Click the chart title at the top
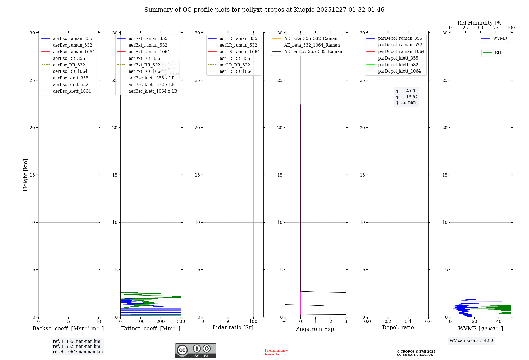point(264,10)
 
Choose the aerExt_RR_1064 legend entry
point(145,71)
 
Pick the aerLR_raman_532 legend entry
point(238,45)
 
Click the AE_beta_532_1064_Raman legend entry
point(312,45)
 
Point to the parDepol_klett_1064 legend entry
point(399,71)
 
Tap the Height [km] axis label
point(25,175)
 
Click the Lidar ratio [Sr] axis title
point(233,327)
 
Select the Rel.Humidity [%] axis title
point(480,23)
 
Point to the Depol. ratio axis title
point(398,327)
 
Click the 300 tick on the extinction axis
point(181,322)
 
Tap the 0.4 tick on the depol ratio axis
point(408,322)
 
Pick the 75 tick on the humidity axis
point(496,28)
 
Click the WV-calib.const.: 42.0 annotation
point(471,340)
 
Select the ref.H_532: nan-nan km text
point(76,346)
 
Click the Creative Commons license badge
point(195,350)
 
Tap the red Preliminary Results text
point(276,352)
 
